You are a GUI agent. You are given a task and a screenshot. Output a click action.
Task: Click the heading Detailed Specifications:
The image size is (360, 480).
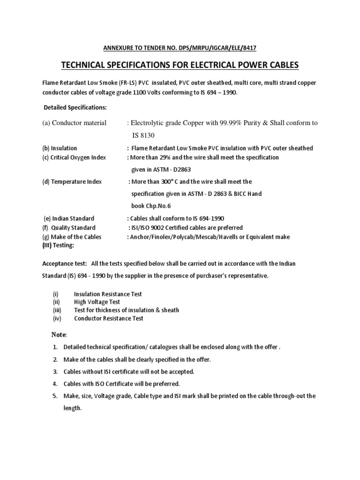(75, 107)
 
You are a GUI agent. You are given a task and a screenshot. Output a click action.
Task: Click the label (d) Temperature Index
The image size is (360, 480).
(72, 181)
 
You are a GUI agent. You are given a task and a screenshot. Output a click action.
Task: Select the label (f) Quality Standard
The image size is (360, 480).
(69, 228)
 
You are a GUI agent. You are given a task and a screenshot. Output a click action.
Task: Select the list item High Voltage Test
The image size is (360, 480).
(97, 302)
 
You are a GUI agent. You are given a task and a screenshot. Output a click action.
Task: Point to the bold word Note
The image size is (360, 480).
(59, 334)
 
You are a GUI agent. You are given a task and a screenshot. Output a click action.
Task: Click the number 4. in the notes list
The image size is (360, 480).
(55, 383)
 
